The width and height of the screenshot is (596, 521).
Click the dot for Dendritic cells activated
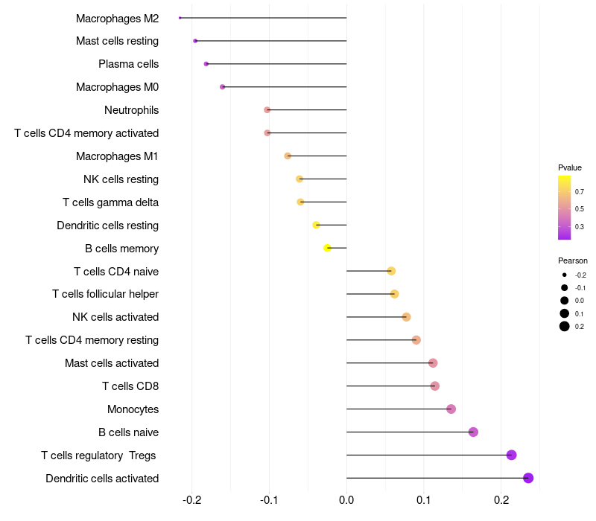[x=528, y=478]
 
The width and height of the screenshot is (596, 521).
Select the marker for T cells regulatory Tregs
[x=511, y=455]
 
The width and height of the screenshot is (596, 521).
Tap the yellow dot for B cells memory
[x=327, y=248]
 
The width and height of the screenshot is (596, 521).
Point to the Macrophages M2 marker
[x=180, y=17]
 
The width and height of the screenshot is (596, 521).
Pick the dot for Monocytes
[x=451, y=409]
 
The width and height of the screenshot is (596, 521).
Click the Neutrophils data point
[x=267, y=109]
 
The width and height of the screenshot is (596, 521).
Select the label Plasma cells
[x=128, y=64]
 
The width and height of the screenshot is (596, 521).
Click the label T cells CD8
[x=130, y=386]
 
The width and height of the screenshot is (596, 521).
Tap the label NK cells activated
[x=115, y=317]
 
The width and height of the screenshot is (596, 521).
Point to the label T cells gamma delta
[x=110, y=202]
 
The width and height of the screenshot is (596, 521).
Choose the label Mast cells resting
[x=117, y=41]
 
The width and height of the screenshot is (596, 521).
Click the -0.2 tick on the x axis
[x=192, y=499]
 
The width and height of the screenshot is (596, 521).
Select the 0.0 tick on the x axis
[x=346, y=499]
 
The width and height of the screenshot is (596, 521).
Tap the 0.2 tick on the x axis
[x=501, y=499]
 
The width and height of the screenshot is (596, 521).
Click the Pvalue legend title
[x=570, y=167]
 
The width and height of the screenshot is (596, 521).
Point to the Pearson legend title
[x=573, y=260]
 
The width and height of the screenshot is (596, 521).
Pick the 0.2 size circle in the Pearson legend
[x=565, y=326]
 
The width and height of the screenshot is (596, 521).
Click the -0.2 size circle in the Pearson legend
[x=565, y=275]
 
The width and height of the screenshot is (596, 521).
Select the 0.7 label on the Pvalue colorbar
[x=579, y=191]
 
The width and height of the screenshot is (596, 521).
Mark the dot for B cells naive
[x=473, y=432]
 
